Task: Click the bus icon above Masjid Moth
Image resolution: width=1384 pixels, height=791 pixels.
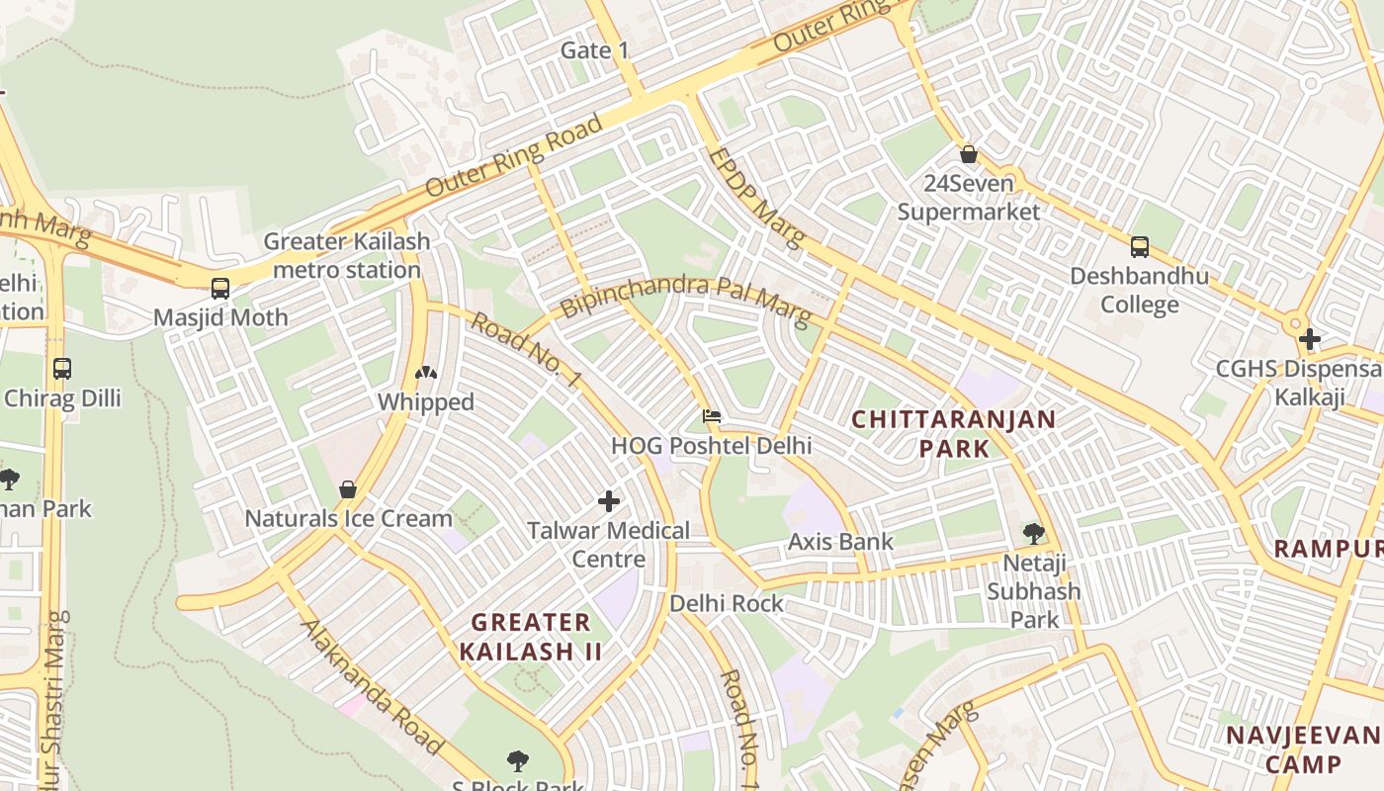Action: (219, 289)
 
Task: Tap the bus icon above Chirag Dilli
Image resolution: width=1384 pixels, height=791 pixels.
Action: (62, 369)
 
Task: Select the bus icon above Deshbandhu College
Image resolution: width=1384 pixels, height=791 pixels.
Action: (1139, 247)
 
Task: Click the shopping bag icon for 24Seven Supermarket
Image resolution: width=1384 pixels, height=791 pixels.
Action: (969, 154)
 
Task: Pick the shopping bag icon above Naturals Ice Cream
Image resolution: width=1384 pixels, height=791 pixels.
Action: (347, 489)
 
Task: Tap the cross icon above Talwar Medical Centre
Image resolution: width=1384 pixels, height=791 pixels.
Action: (609, 501)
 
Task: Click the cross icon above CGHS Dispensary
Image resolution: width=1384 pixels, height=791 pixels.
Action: (1310, 340)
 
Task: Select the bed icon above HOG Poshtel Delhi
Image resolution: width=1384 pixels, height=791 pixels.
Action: (711, 416)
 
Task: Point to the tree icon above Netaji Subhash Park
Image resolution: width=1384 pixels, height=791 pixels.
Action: (1033, 534)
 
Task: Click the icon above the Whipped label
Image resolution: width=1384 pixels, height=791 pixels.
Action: (426, 373)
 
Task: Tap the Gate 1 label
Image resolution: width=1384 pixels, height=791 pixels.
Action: (594, 50)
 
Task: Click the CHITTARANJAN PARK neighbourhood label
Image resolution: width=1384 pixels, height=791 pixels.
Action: (953, 433)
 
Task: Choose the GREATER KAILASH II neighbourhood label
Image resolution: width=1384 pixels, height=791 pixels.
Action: (531, 637)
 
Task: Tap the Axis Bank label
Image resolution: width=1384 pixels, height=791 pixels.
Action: (840, 542)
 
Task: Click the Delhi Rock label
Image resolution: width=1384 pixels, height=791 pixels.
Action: (726, 603)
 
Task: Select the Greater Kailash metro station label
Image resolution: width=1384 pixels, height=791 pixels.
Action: (346, 255)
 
